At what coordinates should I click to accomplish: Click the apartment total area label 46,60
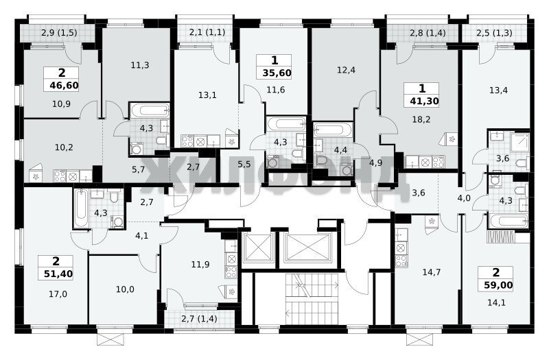coord(64,85)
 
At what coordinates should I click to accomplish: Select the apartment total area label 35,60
coord(277,73)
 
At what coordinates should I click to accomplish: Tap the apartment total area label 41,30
coord(424,101)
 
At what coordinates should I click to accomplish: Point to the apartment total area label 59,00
coord(498,285)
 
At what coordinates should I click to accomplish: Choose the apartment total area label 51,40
coord(58,274)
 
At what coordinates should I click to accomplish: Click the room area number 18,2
coord(421,119)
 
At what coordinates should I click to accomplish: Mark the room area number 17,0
coord(58,294)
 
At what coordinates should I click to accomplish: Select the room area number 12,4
coord(346,70)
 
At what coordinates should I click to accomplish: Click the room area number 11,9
coord(200,265)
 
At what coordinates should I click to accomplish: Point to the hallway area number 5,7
coord(138,169)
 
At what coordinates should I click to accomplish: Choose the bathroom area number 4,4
coord(340,150)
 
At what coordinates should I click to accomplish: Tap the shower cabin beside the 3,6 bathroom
coord(519,142)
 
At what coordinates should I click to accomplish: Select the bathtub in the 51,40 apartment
coord(81,208)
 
